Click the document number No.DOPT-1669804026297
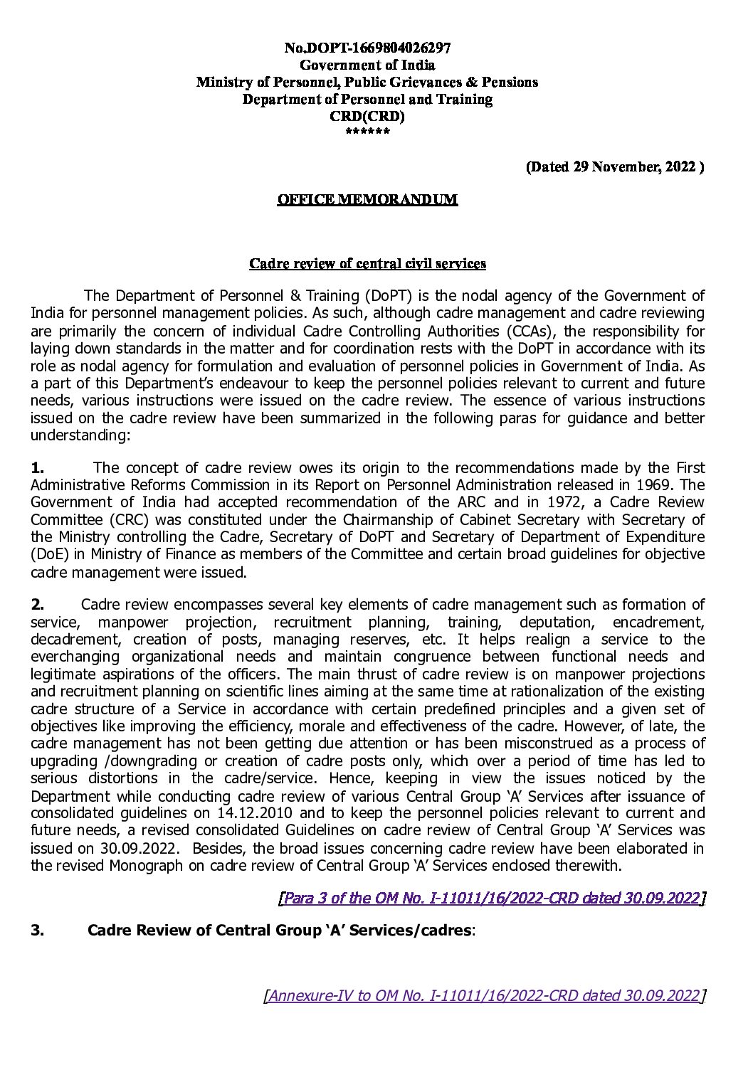367,48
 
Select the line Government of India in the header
367,65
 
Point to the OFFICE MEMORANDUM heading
367,200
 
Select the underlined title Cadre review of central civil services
367,264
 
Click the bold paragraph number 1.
38,467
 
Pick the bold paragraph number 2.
38,605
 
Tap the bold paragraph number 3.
38,931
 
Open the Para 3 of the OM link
492,898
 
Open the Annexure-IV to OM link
484,995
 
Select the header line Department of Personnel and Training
367,100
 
